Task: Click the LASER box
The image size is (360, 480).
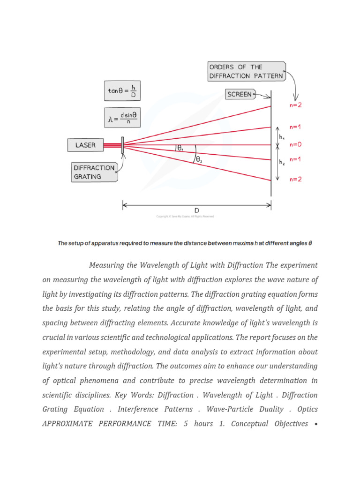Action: click(85, 145)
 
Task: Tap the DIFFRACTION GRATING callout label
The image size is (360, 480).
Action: click(94, 172)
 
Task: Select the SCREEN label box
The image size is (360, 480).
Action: click(240, 94)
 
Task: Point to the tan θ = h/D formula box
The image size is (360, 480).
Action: click(122, 91)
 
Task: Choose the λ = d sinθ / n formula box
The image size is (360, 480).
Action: click(122, 118)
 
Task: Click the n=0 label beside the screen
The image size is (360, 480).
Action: click(295, 145)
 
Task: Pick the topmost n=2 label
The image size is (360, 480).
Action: click(295, 105)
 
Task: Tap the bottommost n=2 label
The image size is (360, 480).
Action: click(295, 179)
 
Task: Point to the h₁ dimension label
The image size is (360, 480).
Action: click(282, 136)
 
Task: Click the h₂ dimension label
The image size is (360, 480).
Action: click(282, 162)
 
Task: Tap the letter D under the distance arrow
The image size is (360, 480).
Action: click(197, 210)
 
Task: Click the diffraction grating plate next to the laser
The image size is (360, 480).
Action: click(122, 145)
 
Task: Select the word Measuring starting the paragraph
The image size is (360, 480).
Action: click(106, 265)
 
